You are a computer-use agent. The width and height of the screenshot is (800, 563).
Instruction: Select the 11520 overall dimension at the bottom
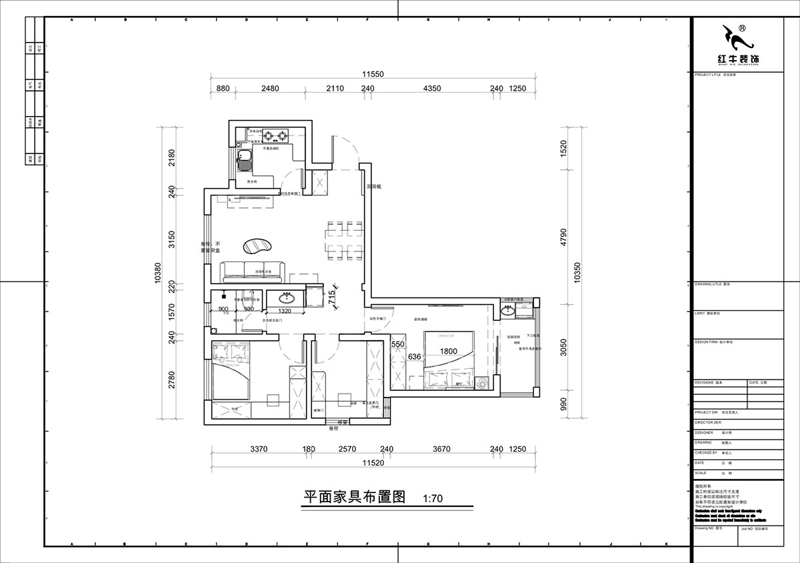coord(373,462)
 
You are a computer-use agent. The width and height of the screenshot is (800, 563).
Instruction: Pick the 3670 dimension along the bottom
coord(441,449)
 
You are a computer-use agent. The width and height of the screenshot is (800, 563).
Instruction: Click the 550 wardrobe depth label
coord(399,344)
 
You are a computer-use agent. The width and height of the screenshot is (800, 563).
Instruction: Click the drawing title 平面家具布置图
coord(355,497)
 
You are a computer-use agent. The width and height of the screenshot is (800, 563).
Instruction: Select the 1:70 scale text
coord(433,498)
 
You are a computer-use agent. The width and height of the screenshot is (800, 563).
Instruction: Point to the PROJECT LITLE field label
coord(708,75)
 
